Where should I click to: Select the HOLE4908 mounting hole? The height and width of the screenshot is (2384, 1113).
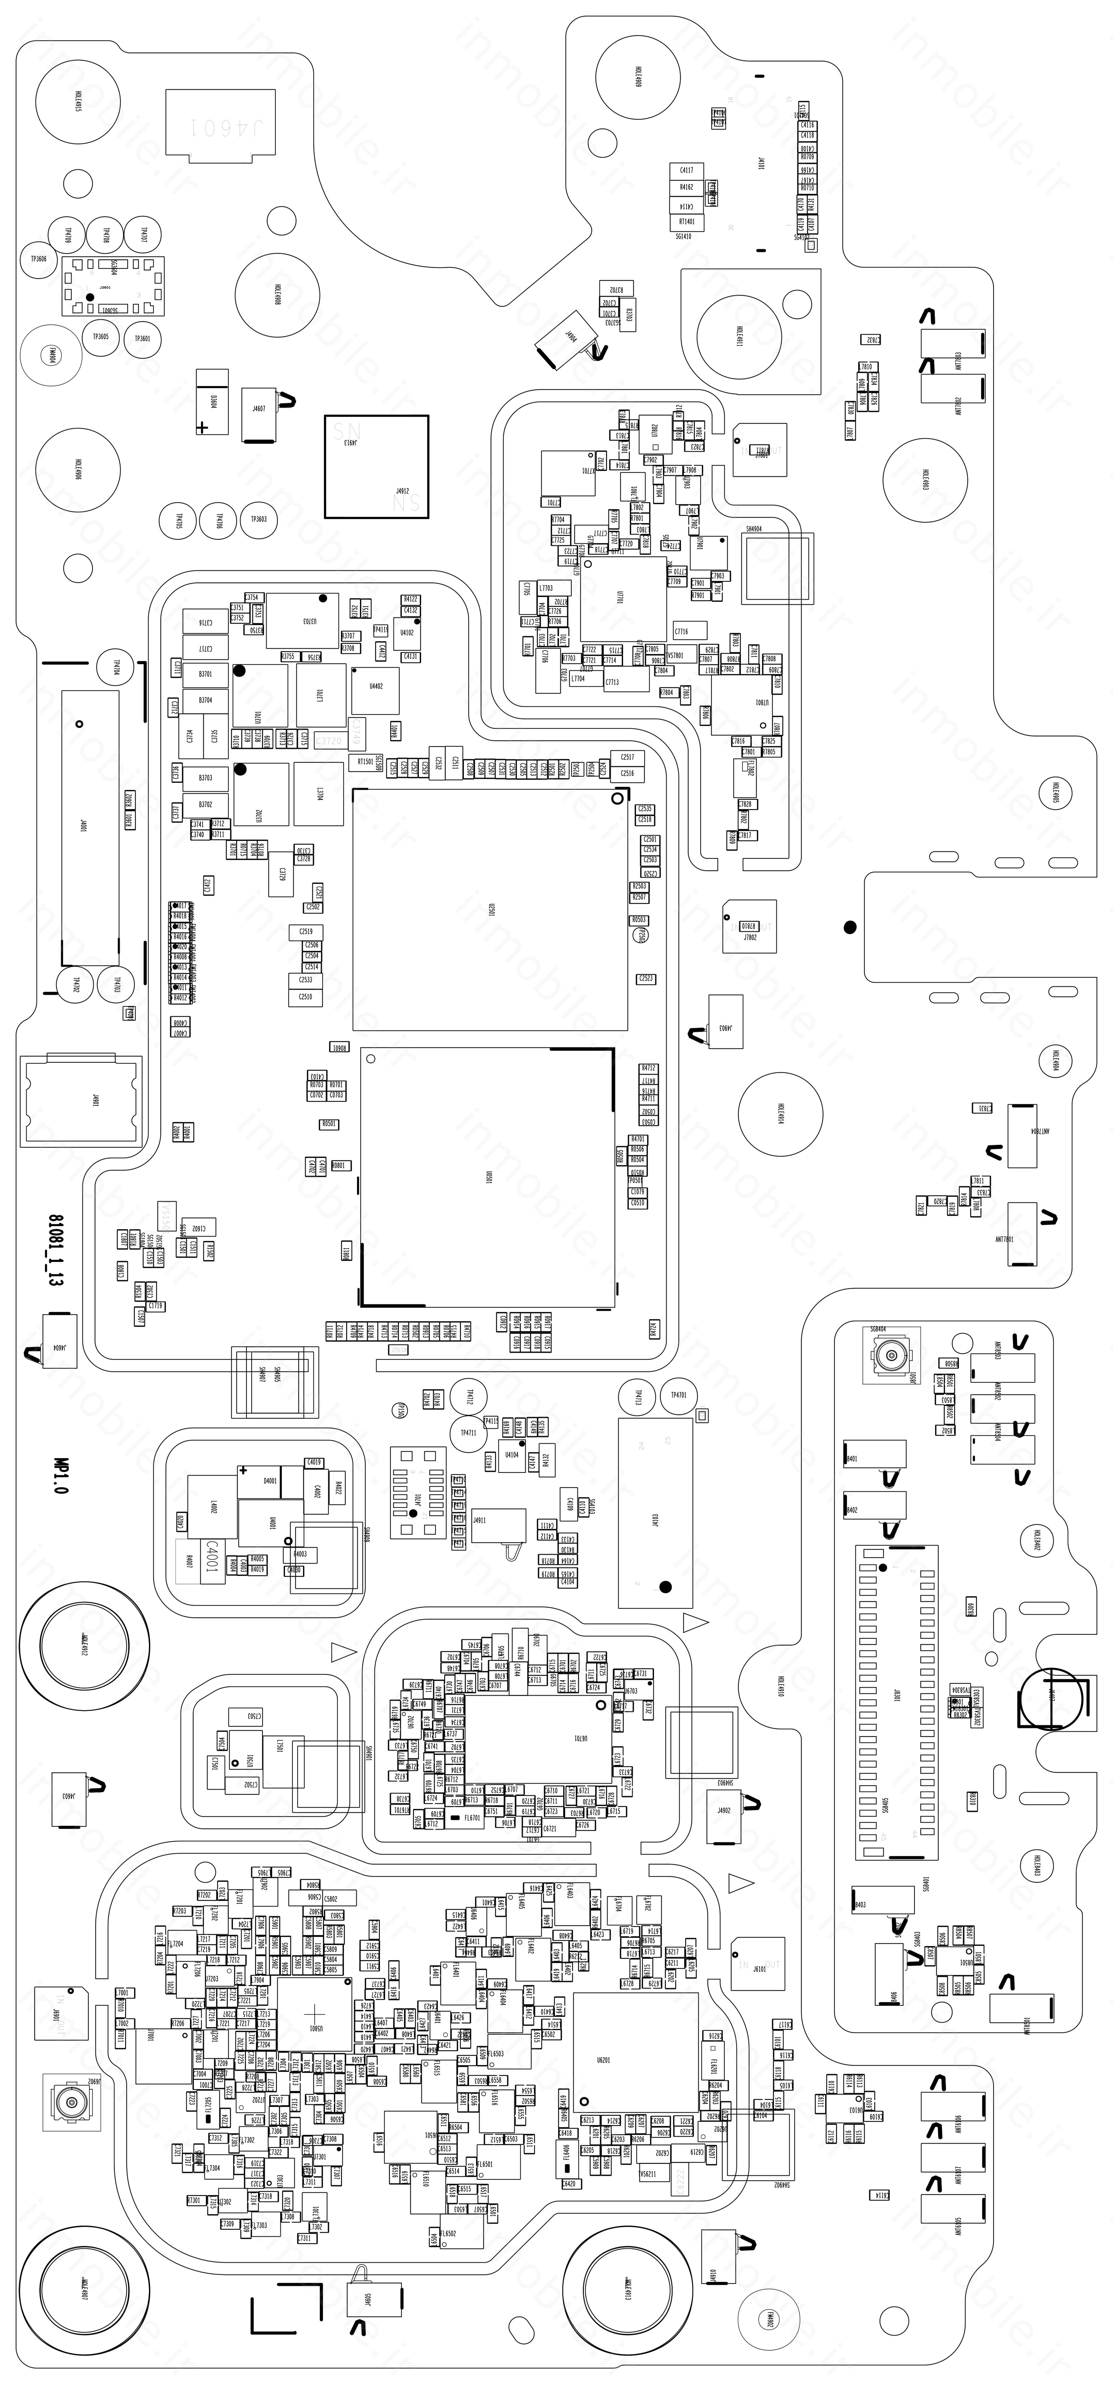pos(278,296)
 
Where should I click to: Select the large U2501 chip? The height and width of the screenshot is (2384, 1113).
pos(490,909)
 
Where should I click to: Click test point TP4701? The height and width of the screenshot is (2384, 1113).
pos(678,1395)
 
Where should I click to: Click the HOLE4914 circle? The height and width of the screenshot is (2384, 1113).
pos(781,1112)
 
